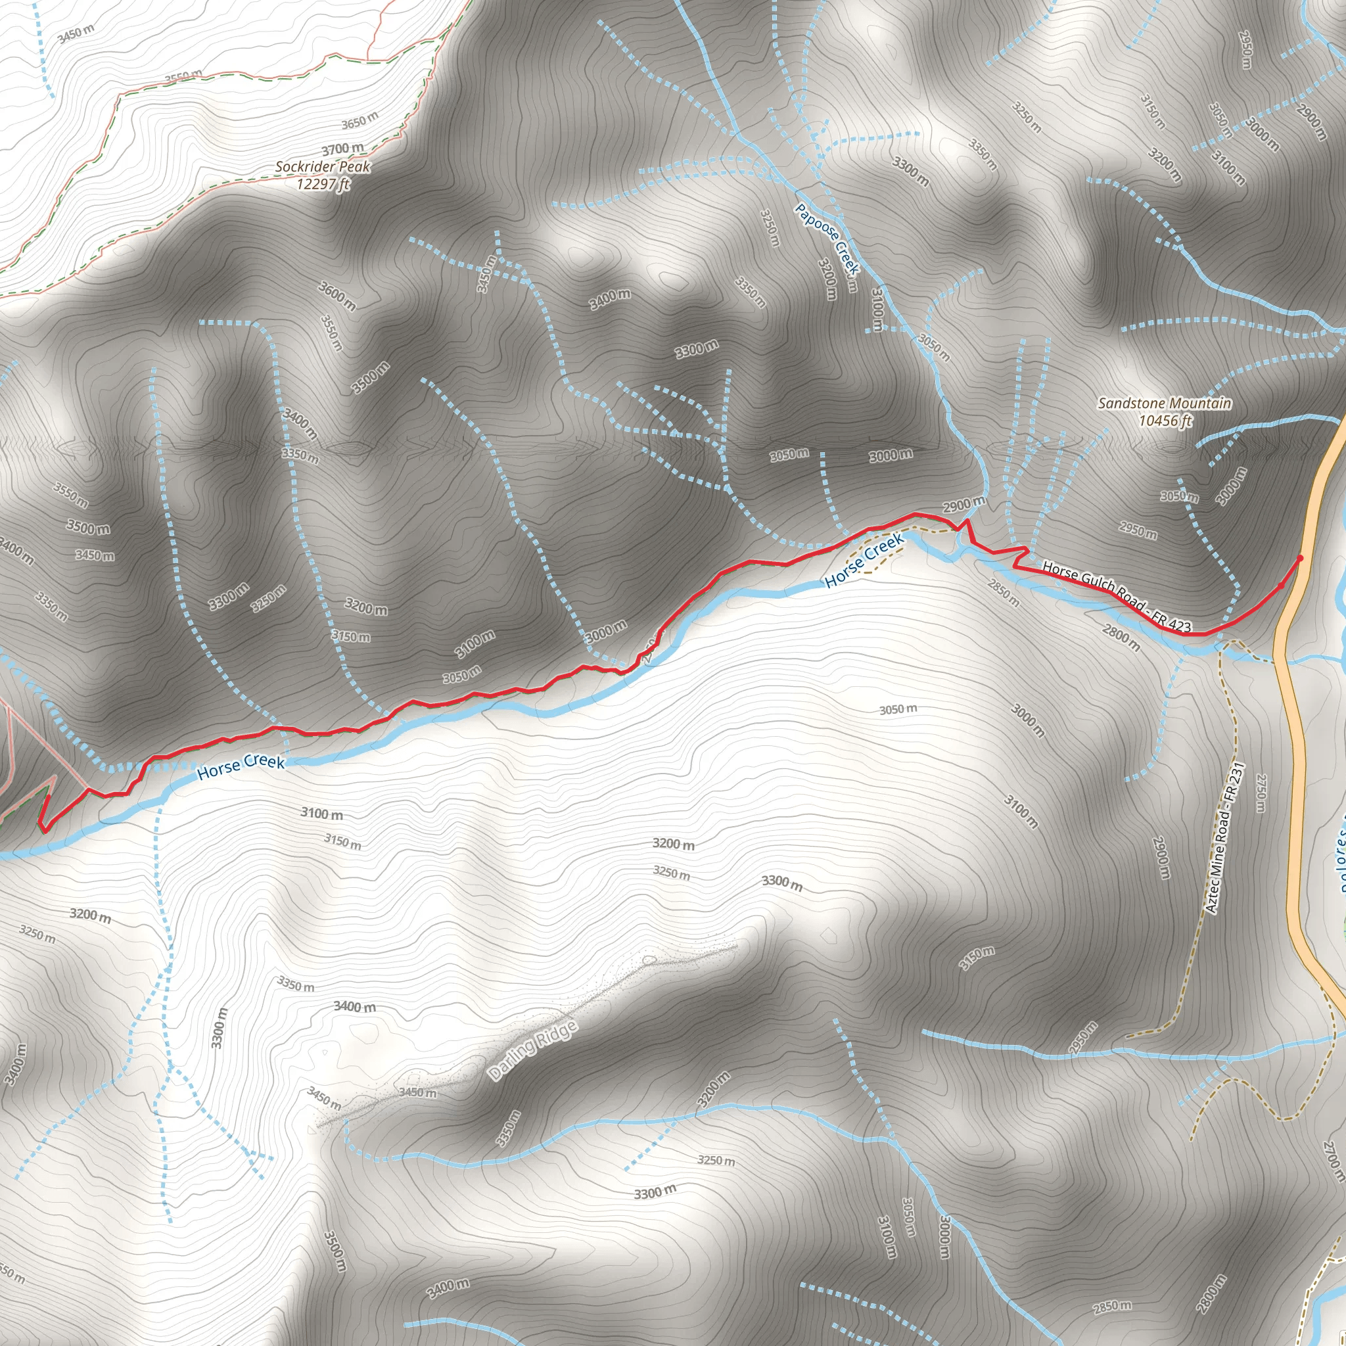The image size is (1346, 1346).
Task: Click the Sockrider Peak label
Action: point(323,166)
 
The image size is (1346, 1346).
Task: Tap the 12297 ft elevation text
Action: point(323,184)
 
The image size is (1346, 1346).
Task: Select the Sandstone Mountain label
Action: point(1164,403)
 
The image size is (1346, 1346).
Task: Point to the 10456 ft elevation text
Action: point(1165,420)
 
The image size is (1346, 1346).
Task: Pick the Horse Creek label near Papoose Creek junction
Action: point(864,561)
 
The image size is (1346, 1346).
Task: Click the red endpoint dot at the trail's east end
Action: point(1300,557)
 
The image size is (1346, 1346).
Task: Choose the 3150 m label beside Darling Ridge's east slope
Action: point(977,958)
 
